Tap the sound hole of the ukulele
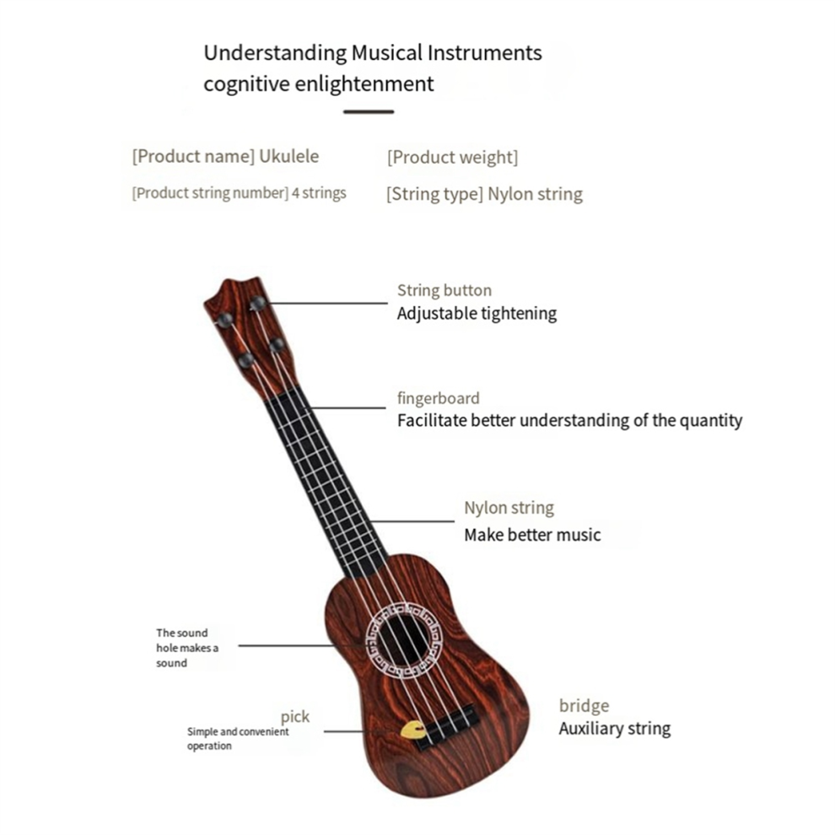pos(405,640)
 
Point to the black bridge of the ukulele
pos(446,726)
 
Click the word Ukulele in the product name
pos(288,156)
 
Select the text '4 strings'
pos(319,193)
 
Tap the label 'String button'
pos(444,290)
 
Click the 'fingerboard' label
pos(439,398)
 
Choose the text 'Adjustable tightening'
pos(477,313)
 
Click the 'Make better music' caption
pos(532,535)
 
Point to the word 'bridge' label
pos(584,706)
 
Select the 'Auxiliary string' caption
pos(615,728)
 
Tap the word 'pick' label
pos(295,717)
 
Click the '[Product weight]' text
pos(452,157)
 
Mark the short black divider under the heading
pos(369,112)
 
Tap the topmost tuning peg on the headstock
pos(258,303)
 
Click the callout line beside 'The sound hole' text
pos(287,646)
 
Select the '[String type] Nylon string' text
pos(485,194)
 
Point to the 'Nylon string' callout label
pos(509,508)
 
